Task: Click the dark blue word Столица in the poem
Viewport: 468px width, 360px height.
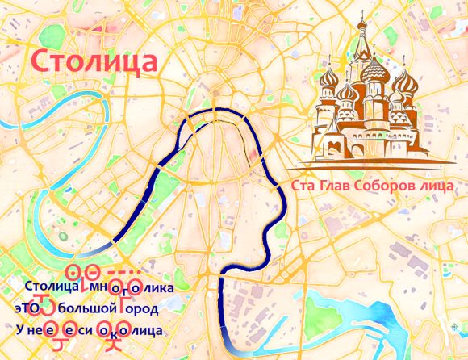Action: point(50,287)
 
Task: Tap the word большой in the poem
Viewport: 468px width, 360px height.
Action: point(84,308)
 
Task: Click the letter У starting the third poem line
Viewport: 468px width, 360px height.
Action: point(19,330)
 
